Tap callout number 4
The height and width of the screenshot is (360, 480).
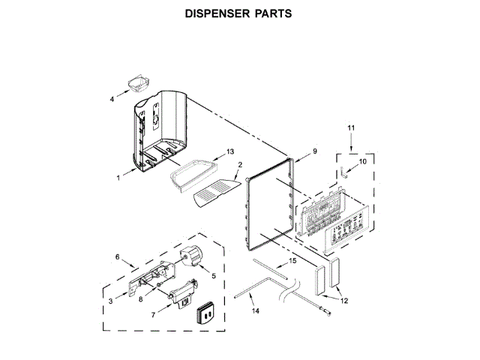click(112, 98)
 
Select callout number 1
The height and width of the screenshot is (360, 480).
click(118, 178)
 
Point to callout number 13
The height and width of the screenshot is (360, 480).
click(231, 152)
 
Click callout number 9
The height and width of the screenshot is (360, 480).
click(315, 151)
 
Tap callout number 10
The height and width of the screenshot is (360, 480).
click(363, 161)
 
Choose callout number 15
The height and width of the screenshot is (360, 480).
click(292, 260)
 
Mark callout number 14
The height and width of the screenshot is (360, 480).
click(254, 310)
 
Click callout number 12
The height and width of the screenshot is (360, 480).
click(346, 301)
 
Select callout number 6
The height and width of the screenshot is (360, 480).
click(118, 257)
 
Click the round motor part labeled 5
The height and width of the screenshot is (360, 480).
click(192, 255)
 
